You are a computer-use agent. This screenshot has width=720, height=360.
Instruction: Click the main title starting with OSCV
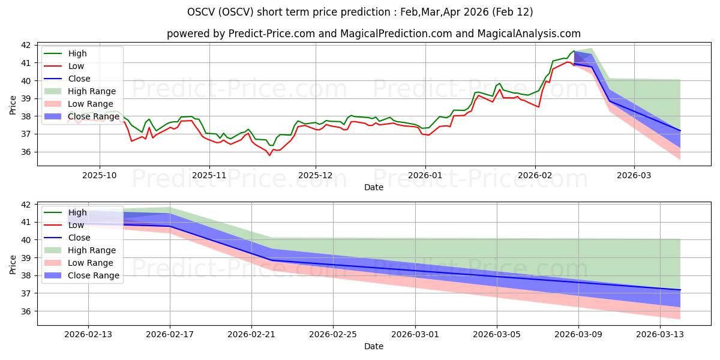359,12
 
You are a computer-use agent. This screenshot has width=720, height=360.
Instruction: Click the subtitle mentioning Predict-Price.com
373,34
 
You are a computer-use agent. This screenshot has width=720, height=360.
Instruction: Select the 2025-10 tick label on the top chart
100,175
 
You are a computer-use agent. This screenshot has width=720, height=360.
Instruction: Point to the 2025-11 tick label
209,175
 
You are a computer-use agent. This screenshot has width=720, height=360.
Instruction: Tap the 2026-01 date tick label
425,175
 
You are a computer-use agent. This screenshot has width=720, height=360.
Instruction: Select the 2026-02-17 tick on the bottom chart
170,334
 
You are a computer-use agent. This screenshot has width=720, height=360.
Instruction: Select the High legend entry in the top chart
77,53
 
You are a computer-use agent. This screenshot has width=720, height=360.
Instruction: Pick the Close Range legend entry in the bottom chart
94,275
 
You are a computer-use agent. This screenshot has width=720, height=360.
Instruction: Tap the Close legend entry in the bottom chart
79,238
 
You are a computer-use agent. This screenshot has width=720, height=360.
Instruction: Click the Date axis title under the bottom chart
373,346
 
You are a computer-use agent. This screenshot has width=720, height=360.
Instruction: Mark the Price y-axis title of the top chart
13,104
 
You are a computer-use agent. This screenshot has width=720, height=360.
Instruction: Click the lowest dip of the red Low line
269,155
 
